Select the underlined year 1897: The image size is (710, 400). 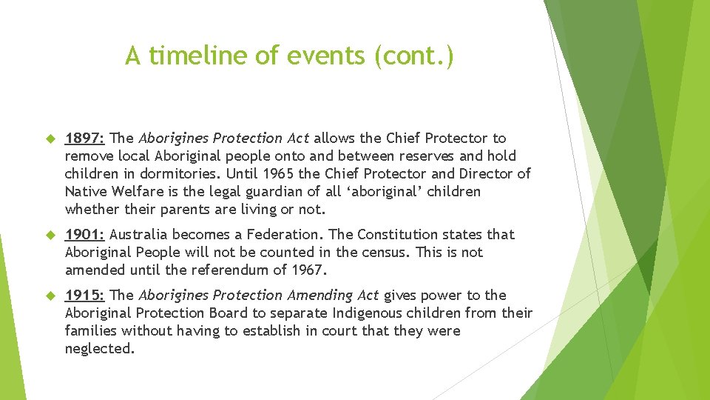pos(86,138)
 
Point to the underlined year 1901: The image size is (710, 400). pos(86,234)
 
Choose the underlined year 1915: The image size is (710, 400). pos(86,295)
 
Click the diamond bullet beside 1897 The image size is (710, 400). pos(51,139)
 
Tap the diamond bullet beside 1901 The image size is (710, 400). pos(51,235)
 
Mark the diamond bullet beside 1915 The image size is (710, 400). pos(51,296)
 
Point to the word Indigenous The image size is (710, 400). pos(356,313)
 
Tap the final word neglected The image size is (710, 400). pos(100,348)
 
